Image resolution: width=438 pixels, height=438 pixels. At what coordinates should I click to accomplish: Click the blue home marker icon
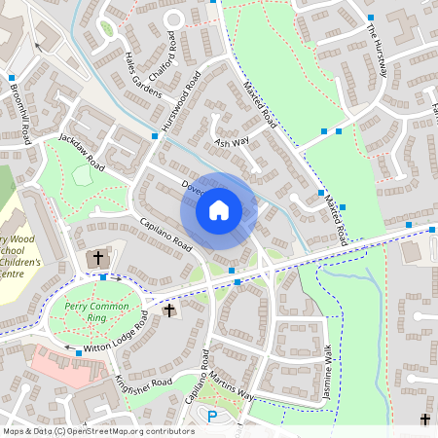(x=219, y=209)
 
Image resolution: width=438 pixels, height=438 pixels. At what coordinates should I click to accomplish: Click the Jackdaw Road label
(x=81, y=152)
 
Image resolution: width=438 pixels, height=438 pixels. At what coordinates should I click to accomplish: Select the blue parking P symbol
(x=212, y=417)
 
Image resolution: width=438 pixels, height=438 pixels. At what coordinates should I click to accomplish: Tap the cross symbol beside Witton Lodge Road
(x=169, y=310)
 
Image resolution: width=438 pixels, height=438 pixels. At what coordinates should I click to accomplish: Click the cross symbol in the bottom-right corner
(x=424, y=420)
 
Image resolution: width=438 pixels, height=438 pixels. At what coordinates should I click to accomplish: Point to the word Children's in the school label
(x=19, y=262)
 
